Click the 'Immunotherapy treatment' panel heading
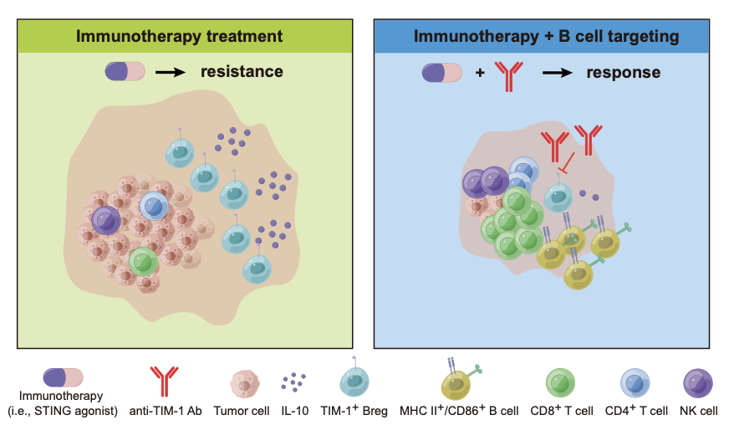click(x=179, y=37)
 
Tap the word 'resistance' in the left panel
click(x=242, y=72)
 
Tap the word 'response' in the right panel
click(x=623, y=73)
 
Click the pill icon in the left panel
click(x=125, y=72)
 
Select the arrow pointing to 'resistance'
click(x=170, y=72)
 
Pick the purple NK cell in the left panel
click(x=108, y=220)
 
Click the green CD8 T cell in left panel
click(x=143, y=262)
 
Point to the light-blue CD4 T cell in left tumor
click(x=154, y=206)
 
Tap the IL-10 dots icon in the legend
click(x=294, y=382)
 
